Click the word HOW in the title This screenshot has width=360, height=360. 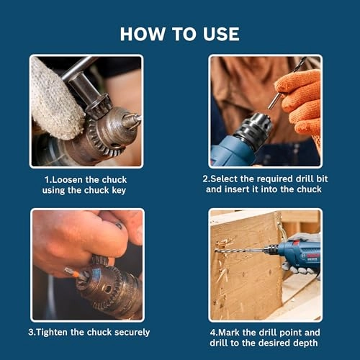[143, 34]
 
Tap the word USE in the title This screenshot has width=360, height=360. [221, 34]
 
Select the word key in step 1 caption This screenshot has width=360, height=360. [119, 191]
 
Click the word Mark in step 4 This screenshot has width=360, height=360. [229, 333]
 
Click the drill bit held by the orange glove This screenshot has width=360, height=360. [287, 83]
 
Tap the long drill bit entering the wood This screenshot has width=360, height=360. [240, 251]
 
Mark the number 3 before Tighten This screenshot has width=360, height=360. [31, 333]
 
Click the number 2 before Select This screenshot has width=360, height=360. [205, 179]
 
